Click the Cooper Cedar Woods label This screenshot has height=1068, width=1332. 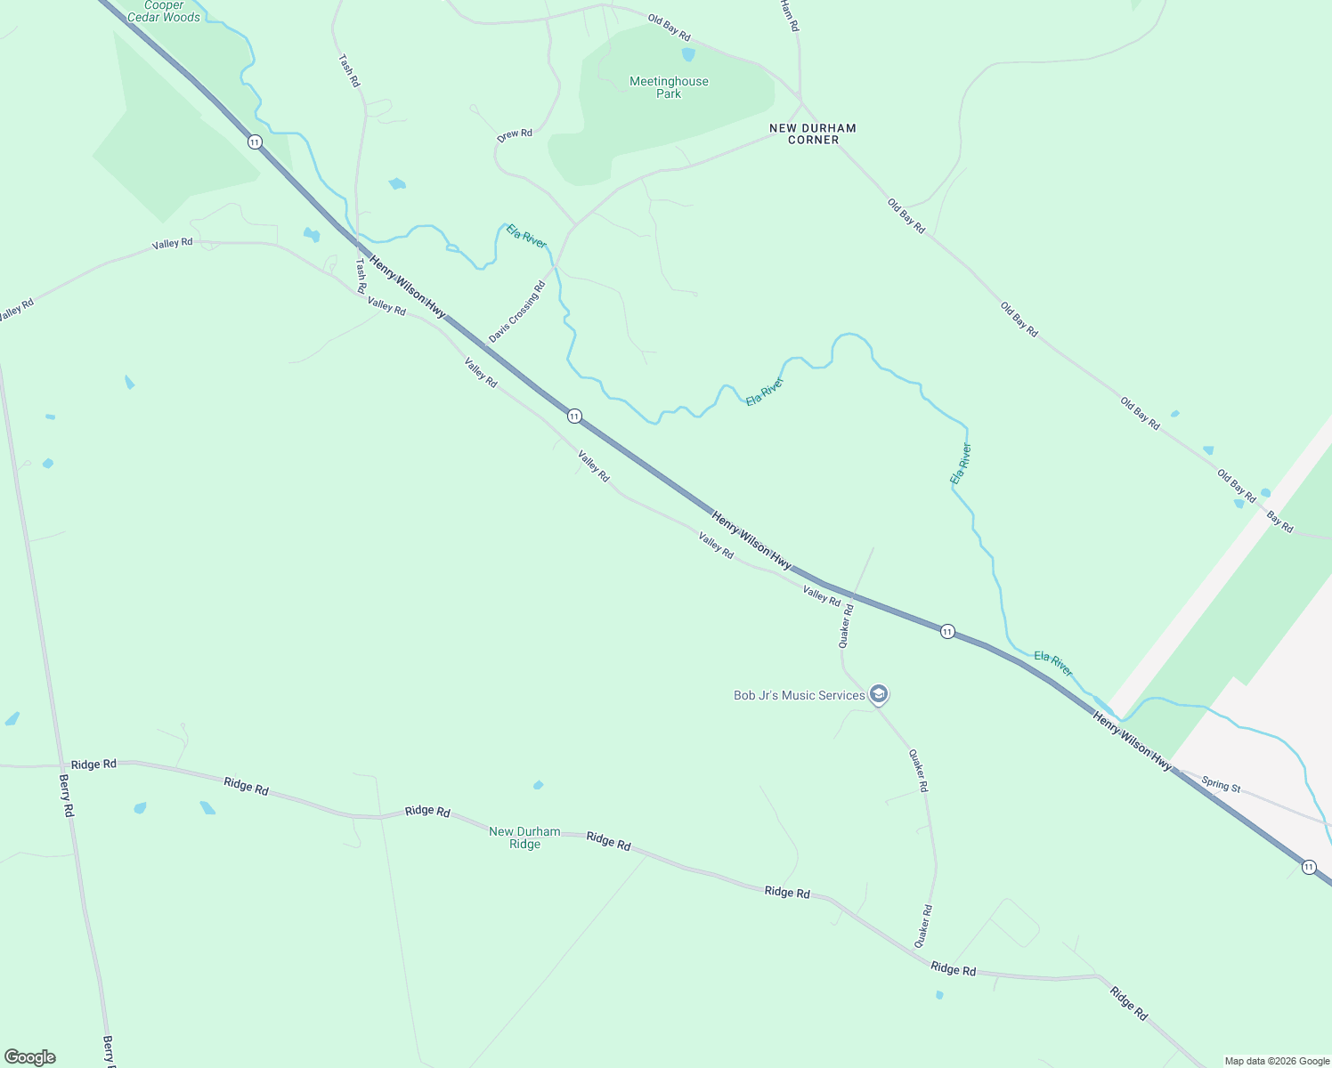point(164,11)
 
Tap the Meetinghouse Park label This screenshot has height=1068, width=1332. point(669,87)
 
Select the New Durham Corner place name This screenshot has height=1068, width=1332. point(813,133)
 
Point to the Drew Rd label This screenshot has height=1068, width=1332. point(515,134)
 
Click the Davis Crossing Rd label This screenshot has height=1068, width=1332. point(516,312)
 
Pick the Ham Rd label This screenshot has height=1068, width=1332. point(789,15)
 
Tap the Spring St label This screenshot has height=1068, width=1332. point(1221,785)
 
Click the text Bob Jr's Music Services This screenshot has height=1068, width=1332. point(799,695)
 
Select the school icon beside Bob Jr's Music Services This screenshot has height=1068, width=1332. point(879,694)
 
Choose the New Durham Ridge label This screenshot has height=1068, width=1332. point(524,837)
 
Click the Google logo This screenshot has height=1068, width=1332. point(30,1057)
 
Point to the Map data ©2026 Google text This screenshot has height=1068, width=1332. point(1277,1061)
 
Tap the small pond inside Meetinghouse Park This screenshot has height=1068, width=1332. point(688,54)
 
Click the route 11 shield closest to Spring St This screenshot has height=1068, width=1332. point(1308,867)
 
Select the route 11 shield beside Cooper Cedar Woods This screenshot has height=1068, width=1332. point(256,142)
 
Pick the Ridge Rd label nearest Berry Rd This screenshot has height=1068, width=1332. point(93,765)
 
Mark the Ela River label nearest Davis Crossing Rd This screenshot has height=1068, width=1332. point(526,236)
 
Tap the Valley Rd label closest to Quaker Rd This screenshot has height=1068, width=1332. point(821,596)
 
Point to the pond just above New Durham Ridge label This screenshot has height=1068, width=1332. point(538,785)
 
